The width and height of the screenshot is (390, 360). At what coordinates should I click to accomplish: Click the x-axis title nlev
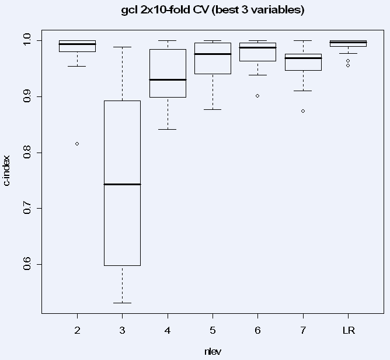tap(213, 351)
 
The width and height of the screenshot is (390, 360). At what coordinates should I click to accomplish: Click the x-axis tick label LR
tap(348, 331)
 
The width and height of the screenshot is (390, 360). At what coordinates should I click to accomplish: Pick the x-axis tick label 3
tap(122, 331)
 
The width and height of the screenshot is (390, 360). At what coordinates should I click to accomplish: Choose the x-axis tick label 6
tap(257, 331)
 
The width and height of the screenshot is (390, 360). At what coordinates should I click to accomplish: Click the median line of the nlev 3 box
tap(122, 184)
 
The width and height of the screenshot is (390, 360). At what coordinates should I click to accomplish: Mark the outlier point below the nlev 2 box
tap(77, 144)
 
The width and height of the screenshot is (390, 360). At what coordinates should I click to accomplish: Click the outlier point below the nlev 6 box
tap(257, 95)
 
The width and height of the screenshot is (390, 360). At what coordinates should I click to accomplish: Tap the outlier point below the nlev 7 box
tap(303, 111)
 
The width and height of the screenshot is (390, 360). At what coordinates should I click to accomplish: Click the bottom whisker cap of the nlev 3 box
tap(122, 303)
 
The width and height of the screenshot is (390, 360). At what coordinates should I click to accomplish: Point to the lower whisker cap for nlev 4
tap(168, 129)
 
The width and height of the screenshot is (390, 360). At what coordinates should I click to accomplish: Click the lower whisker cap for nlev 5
tap(213, 109)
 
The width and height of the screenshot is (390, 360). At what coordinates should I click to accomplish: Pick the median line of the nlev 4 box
tap(168, 79)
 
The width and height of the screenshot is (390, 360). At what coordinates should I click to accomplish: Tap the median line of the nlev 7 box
tap(303, 58)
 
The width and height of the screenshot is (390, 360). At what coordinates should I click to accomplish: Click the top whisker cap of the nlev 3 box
tap(122, 47)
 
